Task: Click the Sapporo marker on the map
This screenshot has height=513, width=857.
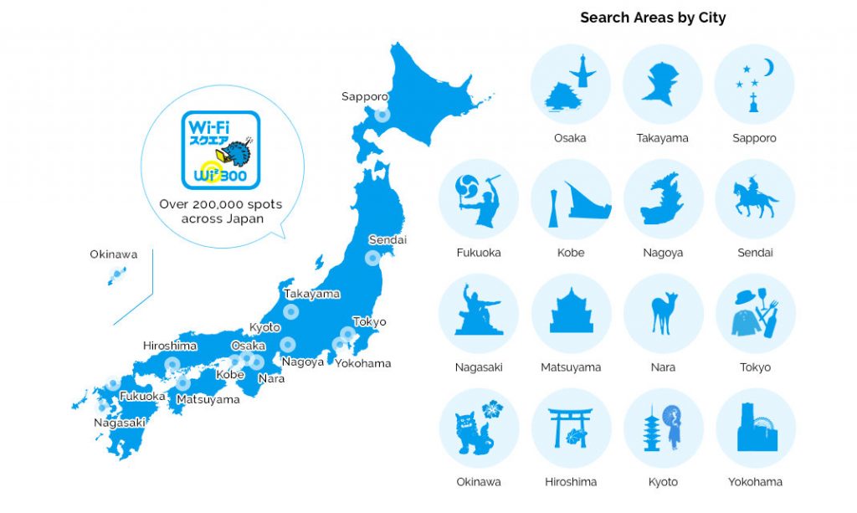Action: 382,115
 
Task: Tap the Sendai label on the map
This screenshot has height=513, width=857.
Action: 387,240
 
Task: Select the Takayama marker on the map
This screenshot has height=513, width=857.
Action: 290,311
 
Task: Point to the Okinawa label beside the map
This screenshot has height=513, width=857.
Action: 114,254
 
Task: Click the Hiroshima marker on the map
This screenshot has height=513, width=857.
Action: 172,364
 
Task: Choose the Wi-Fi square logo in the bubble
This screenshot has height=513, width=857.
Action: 221,150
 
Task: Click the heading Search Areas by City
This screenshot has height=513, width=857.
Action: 653,18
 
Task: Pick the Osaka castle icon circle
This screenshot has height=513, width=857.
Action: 570,85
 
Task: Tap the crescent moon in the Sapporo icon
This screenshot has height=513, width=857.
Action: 767,67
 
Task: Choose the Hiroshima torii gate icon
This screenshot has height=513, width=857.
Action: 570,428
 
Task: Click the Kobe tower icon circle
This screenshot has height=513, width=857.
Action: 570,199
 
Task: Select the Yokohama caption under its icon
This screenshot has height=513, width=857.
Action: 755,482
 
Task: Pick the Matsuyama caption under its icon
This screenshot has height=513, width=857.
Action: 571,367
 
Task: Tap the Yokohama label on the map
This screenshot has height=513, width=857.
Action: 363,363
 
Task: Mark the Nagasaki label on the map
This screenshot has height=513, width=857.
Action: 120,423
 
